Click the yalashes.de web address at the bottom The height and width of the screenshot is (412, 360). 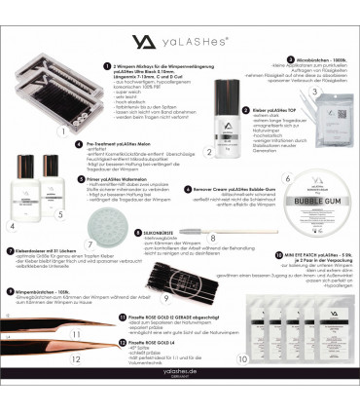click(x=179, y=397)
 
